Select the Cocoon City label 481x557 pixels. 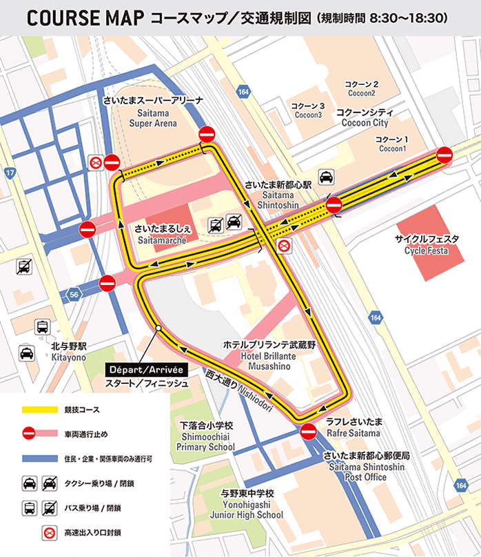pos(365,117)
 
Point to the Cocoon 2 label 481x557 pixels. pos(362,88)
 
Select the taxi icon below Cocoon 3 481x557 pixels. pos(326,176)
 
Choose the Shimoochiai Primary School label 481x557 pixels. pos(207,436)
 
